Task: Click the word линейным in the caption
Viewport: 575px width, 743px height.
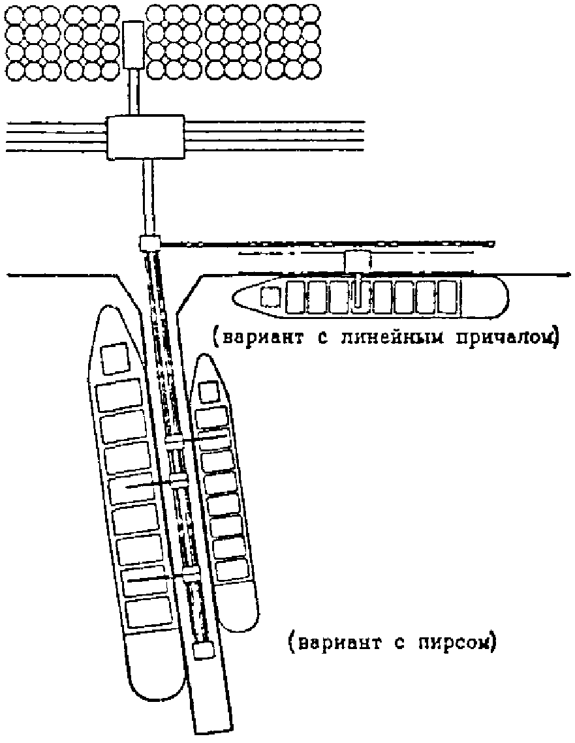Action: tap(392, 338)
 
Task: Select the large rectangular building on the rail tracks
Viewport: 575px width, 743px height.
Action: tap(145, 137)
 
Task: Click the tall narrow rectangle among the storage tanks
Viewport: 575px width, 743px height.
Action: tap(133, 44)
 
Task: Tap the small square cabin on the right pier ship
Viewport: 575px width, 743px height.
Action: tap(208, 392)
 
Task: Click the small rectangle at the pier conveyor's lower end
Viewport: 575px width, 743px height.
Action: tap(204, 650)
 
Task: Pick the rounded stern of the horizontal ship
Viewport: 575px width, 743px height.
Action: tap(497, 297)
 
